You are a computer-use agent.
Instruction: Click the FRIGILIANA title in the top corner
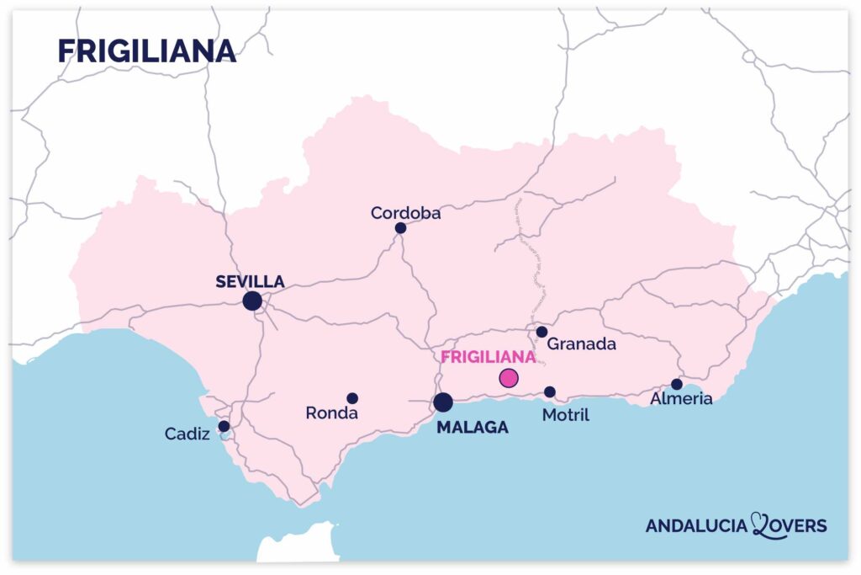coord(146,51)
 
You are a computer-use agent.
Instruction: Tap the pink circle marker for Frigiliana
coord(509,378)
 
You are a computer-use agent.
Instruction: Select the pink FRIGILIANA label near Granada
coord(489,356)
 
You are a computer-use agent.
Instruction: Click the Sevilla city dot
coord(251,301)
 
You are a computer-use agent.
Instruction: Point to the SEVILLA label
coord(250,281)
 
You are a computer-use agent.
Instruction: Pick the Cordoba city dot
coord(400,228)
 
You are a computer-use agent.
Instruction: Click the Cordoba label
coord(406,213)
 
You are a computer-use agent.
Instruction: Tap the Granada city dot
coord(541,332)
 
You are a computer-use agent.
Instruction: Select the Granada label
coord(582,343)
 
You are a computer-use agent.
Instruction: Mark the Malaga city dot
coord(443,402)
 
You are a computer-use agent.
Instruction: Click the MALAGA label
coord(473,428)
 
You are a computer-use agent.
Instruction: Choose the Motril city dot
coord(550,392)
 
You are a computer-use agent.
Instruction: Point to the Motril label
coord(566,415)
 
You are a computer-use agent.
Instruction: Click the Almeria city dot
coord(677,384)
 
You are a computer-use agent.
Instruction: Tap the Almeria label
coord(681,399)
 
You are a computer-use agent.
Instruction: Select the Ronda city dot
coord(352,398)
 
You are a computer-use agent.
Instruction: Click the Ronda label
coord(332,413)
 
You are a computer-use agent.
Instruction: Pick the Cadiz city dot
coord(224,426)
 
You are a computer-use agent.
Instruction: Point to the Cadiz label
coord(188,434)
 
